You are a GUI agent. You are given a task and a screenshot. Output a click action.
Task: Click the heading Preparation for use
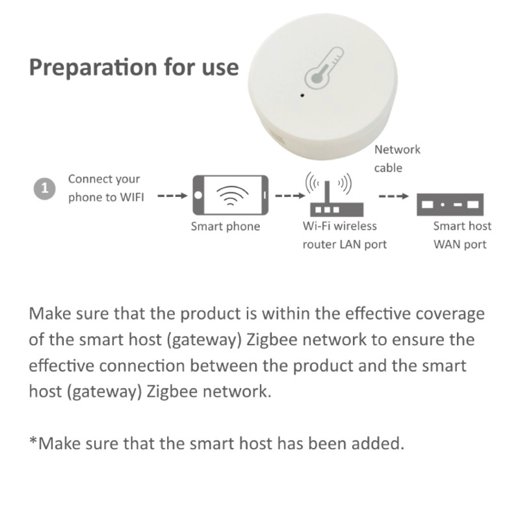click(x=134, y=68)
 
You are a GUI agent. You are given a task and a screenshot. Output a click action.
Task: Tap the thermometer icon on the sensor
click(x=324, y=68)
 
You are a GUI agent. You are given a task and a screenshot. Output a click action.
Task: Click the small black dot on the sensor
click(x=302, y=95)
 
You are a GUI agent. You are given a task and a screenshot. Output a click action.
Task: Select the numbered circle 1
click(x=44, y=189)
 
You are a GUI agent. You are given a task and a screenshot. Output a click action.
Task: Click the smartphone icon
click(x=231, y=195)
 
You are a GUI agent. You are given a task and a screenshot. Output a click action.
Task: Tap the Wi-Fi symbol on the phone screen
click(x=232, y=195)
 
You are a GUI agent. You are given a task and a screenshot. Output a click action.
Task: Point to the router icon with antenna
click(x=336, y=194)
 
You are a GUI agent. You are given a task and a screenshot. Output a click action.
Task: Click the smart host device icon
click(x=450, y=204)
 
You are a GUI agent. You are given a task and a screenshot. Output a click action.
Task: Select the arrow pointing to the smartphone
click(x=172, y=196)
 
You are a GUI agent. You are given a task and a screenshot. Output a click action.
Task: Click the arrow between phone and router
click(x=290, y=196)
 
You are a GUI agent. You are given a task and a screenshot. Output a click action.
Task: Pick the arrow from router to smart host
click(x=394, y=196)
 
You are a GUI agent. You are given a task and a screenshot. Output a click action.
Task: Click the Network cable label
click(x=397, y=159)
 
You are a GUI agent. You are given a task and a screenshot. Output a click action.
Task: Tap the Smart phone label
click(x=226, y=226)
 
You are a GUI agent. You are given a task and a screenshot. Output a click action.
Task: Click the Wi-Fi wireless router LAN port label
click(x=344, y=235)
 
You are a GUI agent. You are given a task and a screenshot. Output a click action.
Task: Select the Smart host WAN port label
click(x=462, y=235)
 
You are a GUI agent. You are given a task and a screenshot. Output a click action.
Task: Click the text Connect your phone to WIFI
click(x=106, y=188)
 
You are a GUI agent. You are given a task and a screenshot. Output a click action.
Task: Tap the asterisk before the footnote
click(x=33, y=441)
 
